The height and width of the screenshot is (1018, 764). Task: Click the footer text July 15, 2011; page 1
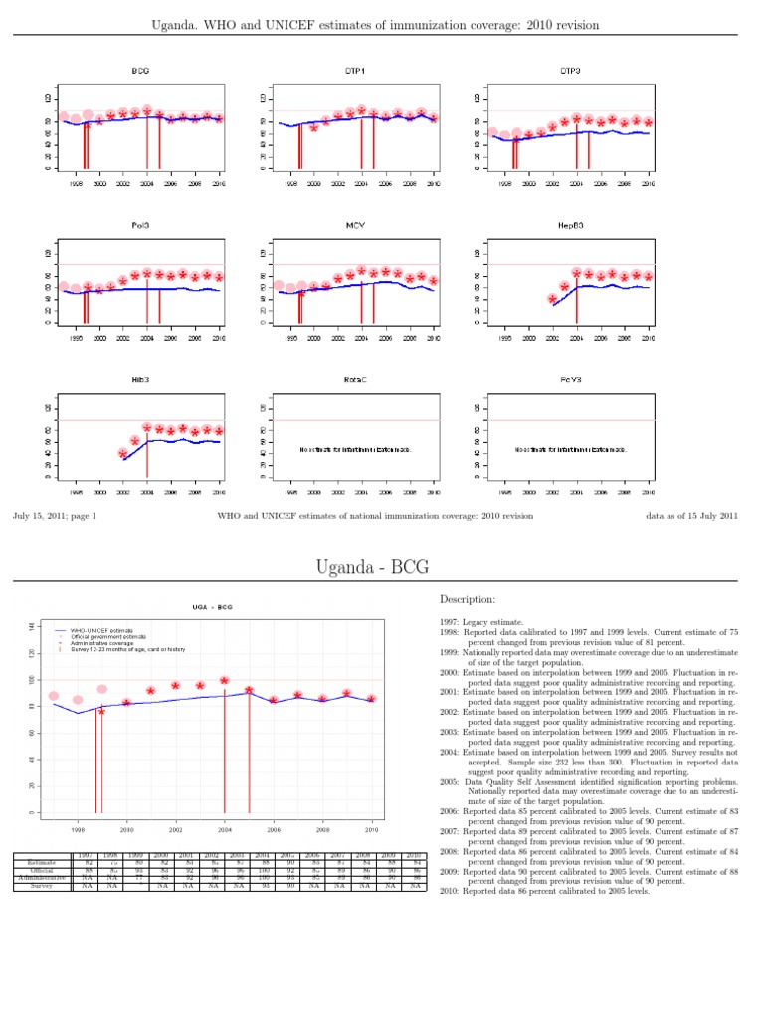54,516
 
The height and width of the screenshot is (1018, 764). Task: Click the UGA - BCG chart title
212,608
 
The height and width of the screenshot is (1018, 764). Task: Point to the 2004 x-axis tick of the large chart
225,829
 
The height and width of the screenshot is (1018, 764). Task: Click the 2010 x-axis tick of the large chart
372,829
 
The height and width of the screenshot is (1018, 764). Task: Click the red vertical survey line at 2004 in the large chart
225,756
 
